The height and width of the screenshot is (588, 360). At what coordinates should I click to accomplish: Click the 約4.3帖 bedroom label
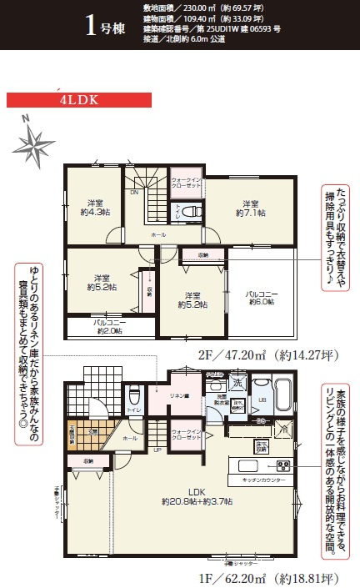pyautogui.click(x=93, y=207)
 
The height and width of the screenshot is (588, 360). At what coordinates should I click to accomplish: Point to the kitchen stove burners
pyautogui.click(x=282, y=466)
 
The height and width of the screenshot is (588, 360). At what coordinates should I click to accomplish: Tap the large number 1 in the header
pyautogui.click(x=93, y=23)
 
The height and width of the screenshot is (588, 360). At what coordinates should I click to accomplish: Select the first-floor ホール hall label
pyautogui.click(x=132, y=437)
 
